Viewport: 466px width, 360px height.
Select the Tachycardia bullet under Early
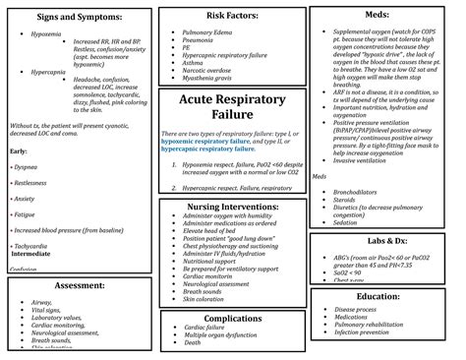(32, 246)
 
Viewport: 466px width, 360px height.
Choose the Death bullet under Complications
(196, 343)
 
